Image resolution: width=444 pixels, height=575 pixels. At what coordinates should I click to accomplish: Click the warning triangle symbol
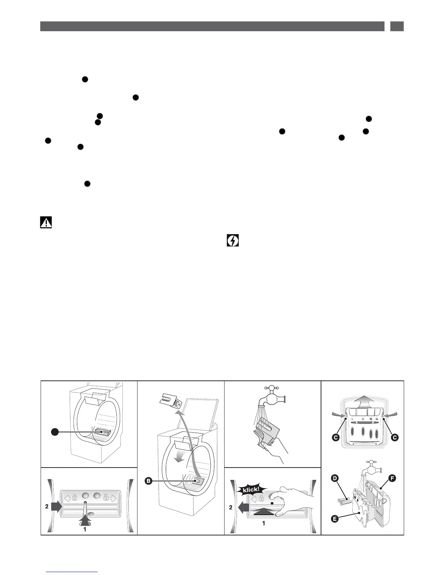tap(46, 223)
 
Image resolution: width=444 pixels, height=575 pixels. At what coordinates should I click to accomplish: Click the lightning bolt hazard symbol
tap(233, 241)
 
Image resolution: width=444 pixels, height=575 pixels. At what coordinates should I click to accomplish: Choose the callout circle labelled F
tap(392, 478)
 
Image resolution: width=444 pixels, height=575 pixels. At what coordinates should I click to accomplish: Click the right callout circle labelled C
tap(395, 437)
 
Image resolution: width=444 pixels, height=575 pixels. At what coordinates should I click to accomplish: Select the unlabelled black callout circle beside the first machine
tap(54, 432)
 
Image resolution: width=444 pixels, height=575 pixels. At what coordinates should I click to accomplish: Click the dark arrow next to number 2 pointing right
tap(57, 507)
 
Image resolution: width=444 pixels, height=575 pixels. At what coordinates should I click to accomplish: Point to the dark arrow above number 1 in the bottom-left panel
tap(85, 519)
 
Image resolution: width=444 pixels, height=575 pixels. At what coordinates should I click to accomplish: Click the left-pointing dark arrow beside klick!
tap(241, 507)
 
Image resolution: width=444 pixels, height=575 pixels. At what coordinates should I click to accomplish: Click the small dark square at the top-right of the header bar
tap(397, 26)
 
